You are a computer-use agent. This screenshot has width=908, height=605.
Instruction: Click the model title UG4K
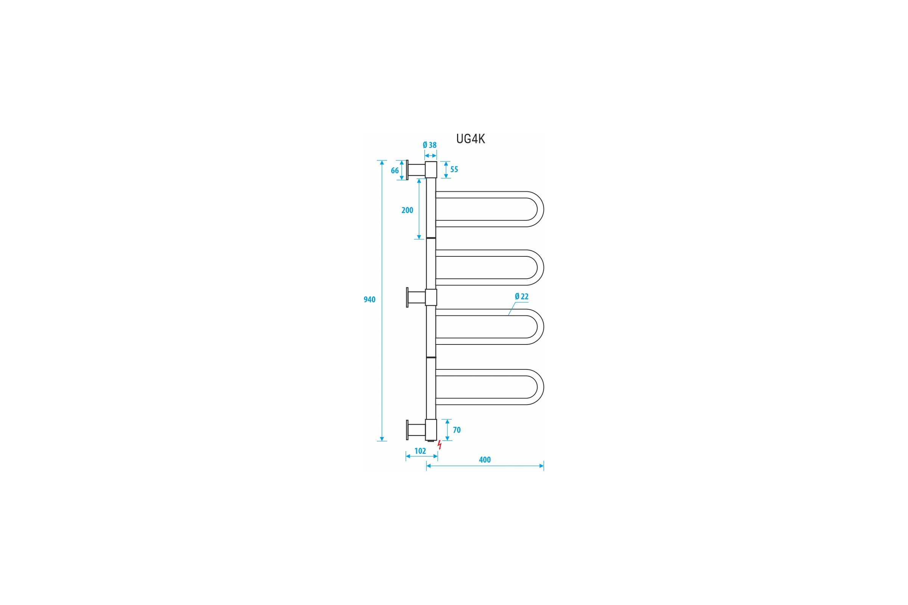pos(470,138)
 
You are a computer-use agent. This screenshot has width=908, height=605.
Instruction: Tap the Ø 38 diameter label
pos(429,145)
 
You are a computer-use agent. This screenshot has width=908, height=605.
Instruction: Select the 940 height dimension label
pos(370,299)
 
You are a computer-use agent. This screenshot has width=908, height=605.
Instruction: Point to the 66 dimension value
pos(395,171)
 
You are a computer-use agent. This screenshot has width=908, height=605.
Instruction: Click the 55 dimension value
pos(454,169)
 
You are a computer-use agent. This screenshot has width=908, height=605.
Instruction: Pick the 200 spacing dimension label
pos(407,210)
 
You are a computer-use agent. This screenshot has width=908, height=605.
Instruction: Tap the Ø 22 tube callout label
pos(522,296)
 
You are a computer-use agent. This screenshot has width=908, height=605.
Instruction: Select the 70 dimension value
pos(457,430)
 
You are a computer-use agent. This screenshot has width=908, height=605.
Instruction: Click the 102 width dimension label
pos(420,451)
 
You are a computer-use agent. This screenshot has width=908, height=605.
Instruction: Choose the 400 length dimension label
pos(485,460)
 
